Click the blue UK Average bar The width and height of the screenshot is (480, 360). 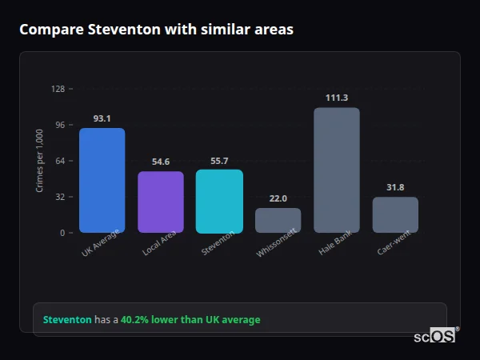tap(102, 180)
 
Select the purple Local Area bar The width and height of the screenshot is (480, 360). tap(161, 202)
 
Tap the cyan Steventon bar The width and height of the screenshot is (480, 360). tap(219, 201)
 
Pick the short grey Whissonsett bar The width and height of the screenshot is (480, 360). tap(278, 220)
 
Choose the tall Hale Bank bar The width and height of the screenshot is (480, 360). tap(337, 170)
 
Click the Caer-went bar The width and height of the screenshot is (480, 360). tap(395, 214)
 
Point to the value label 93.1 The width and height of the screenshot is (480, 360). tap(102, 118)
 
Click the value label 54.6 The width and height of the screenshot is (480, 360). tap(161, 162)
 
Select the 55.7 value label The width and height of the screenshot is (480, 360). tap(219, 160)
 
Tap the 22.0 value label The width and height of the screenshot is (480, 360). tap(278, 198)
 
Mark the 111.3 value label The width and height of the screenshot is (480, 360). tap(337, 98)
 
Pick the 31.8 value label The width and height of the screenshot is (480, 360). tap(395, 187)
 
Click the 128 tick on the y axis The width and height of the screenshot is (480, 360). tap(58, 89)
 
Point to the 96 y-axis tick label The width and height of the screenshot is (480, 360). tap(59, 125)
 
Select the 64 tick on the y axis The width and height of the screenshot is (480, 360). tap(59, 161)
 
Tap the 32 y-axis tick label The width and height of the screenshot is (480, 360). tap(59, 197)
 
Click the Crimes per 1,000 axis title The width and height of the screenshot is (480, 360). tap(40, 161)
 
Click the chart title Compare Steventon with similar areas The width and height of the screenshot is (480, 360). tap(156, 30)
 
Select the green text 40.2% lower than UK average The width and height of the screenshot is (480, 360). tap(190, 319)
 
